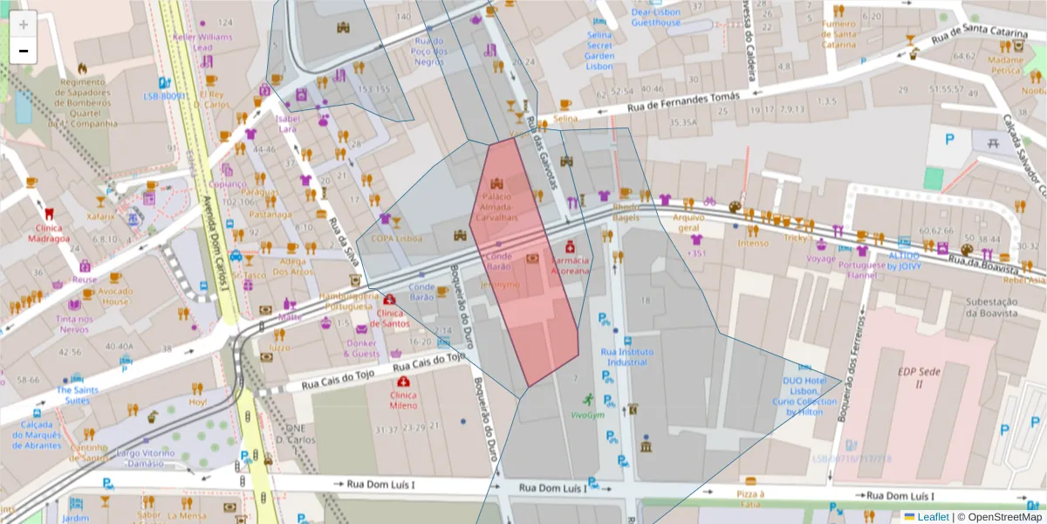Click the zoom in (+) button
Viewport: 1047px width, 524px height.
[x=24, y=24]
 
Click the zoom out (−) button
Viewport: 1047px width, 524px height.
[x=24, y=51]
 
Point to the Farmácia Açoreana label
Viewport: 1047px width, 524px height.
[x=571, y=265]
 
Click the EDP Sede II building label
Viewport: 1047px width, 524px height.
[x=917, y=378]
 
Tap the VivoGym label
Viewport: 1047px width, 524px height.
[x=587, y=415]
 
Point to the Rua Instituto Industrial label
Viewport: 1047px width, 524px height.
[x=626, y=356]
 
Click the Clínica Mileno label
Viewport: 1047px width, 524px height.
[x=403, y=400]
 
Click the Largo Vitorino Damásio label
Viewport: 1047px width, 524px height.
[x=152, y=458]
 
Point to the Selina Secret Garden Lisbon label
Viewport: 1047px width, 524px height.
[x=600, y=51]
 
